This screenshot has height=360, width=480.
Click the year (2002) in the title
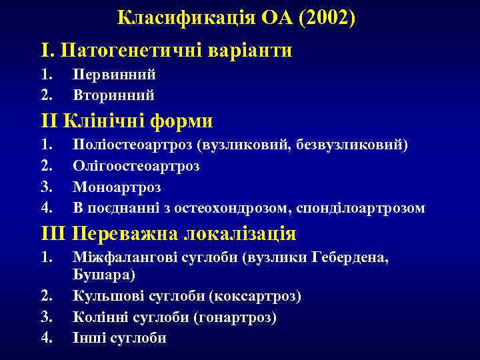[x=327, y=18]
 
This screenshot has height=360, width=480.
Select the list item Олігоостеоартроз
[x=136, y=165]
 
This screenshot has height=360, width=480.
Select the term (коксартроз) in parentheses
[x=257, y=295]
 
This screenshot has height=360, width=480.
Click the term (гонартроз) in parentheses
[x=234, y=317]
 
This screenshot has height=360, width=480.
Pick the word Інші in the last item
[x=88, y=338]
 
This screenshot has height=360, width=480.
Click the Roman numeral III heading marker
[x=53, y=234]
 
